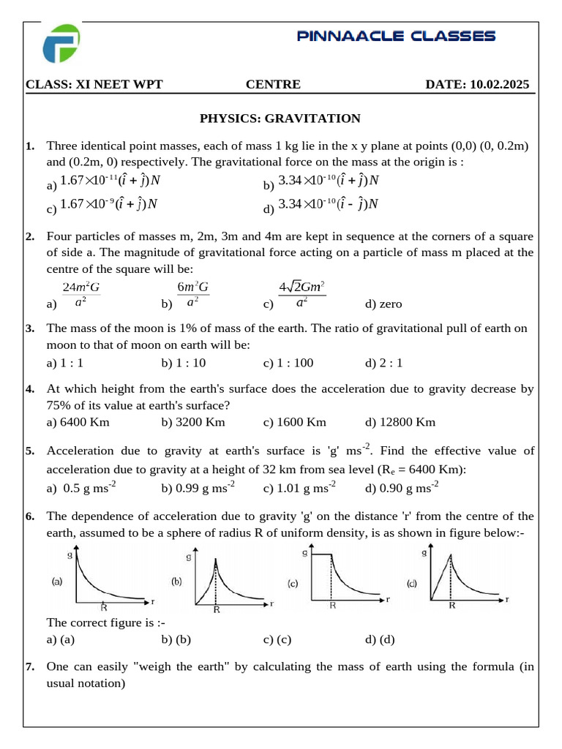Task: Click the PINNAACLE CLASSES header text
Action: coord(396,36)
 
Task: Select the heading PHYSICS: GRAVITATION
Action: coord(280,118)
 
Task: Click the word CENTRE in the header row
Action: coord(273,85)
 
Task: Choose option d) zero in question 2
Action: coord(383,304)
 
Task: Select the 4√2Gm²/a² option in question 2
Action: coord(301,294)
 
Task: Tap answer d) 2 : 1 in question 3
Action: coord(383,363)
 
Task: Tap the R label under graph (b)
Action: coord(217,609)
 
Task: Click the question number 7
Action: coord(30,667)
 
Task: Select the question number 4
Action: coord(30,389)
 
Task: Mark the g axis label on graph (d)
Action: coord(424,553)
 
